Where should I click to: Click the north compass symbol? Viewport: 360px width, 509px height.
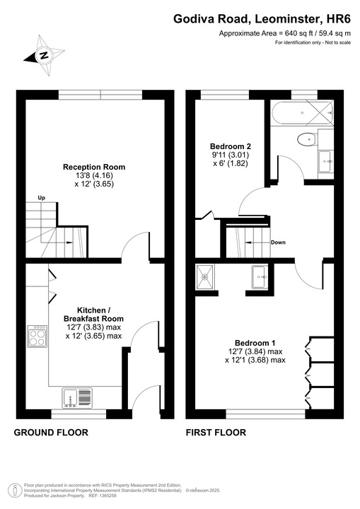pos(43,55)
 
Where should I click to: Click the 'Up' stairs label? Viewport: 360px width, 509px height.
pos(41,197)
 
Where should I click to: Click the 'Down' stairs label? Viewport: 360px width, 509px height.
pos(278,242)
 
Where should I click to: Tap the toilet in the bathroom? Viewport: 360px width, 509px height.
pos(306,139)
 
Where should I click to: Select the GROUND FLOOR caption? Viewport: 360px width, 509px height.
pos(47,432)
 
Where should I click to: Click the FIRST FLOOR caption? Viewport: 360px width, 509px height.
pos(216,432)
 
